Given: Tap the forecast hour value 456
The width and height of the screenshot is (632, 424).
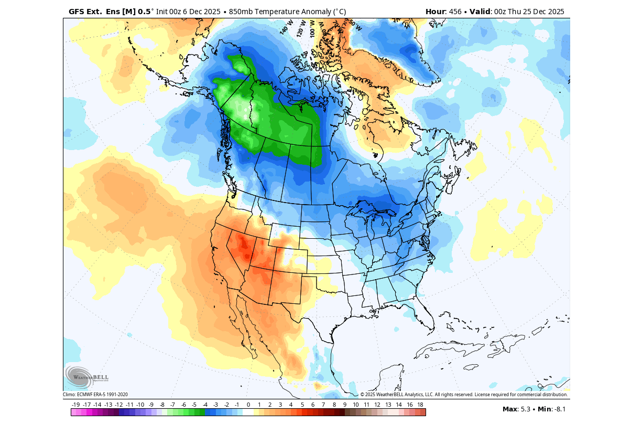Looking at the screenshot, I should click(455, 12).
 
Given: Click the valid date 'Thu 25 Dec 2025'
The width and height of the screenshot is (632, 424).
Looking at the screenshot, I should click(536, 12).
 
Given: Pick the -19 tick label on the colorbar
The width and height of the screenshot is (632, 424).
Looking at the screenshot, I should click(76, 405).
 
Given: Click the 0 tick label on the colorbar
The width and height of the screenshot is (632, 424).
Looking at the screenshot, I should click(248, 405).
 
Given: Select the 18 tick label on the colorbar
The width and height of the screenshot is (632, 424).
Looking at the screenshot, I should click(420, 405).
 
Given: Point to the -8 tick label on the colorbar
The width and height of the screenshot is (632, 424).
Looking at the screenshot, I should click(162, 405).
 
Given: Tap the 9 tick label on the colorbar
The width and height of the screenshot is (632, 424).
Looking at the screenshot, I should click(345, 405).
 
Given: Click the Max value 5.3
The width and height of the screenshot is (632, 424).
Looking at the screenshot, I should click(525, 409).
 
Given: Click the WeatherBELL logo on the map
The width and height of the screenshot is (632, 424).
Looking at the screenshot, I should click(86, 377).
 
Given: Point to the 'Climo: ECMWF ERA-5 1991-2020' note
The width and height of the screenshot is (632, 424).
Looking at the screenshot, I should click(95, 395).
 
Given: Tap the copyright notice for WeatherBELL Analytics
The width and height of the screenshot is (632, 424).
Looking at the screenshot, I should click(464, 395).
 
